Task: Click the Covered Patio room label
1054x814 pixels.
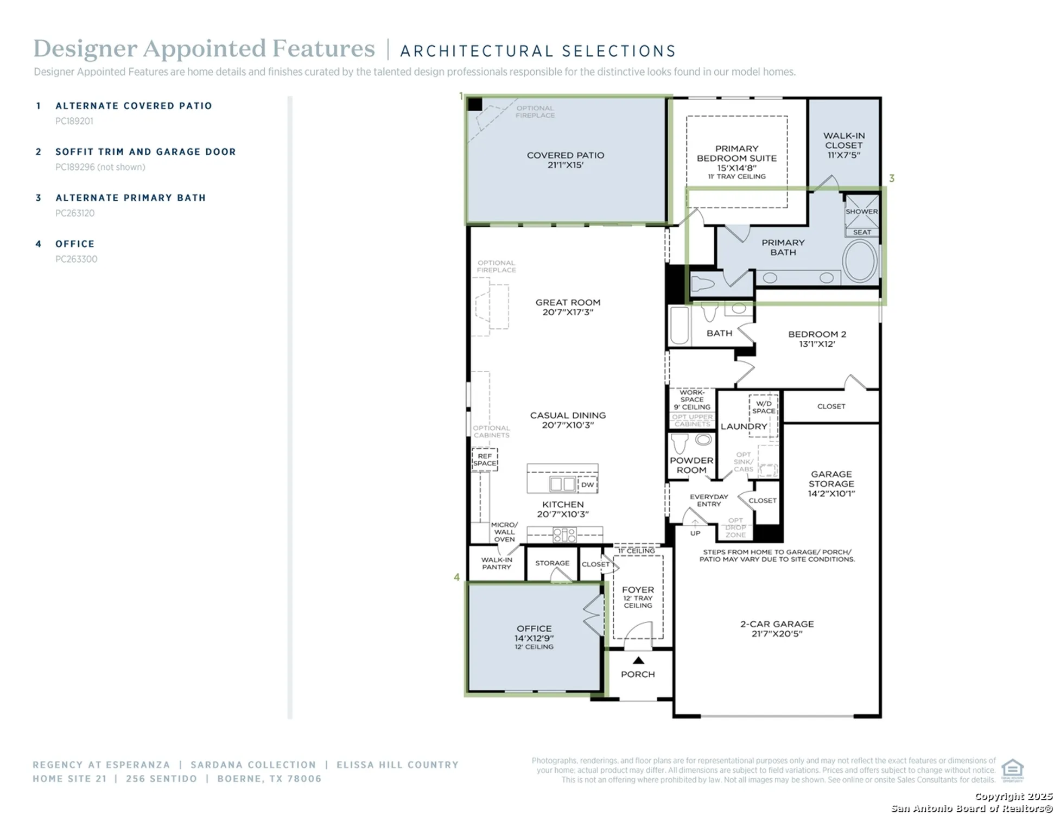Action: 565,155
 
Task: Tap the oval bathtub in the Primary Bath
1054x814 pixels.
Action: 860,260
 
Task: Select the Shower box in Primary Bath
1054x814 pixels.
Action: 861,212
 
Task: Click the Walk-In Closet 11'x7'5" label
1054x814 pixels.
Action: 843,145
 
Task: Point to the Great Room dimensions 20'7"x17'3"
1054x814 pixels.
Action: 568,312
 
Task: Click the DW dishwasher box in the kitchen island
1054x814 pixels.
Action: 587,485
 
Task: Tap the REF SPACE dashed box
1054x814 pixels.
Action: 484,460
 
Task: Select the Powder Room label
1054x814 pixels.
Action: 691,465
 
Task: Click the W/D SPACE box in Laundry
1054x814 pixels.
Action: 764,407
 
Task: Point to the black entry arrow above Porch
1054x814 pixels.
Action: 638,660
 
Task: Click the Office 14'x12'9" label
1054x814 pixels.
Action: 534,633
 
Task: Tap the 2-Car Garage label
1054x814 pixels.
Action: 777,628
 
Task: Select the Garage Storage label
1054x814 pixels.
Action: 831,484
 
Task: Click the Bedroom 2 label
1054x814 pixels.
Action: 817,339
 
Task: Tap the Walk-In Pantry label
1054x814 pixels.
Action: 496,563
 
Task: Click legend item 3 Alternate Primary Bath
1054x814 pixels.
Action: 130,198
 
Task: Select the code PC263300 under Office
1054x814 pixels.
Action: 76,259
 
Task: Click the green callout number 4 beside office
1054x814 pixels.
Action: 456,577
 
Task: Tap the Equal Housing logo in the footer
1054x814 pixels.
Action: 1012,770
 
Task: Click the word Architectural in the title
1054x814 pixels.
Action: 475,51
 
